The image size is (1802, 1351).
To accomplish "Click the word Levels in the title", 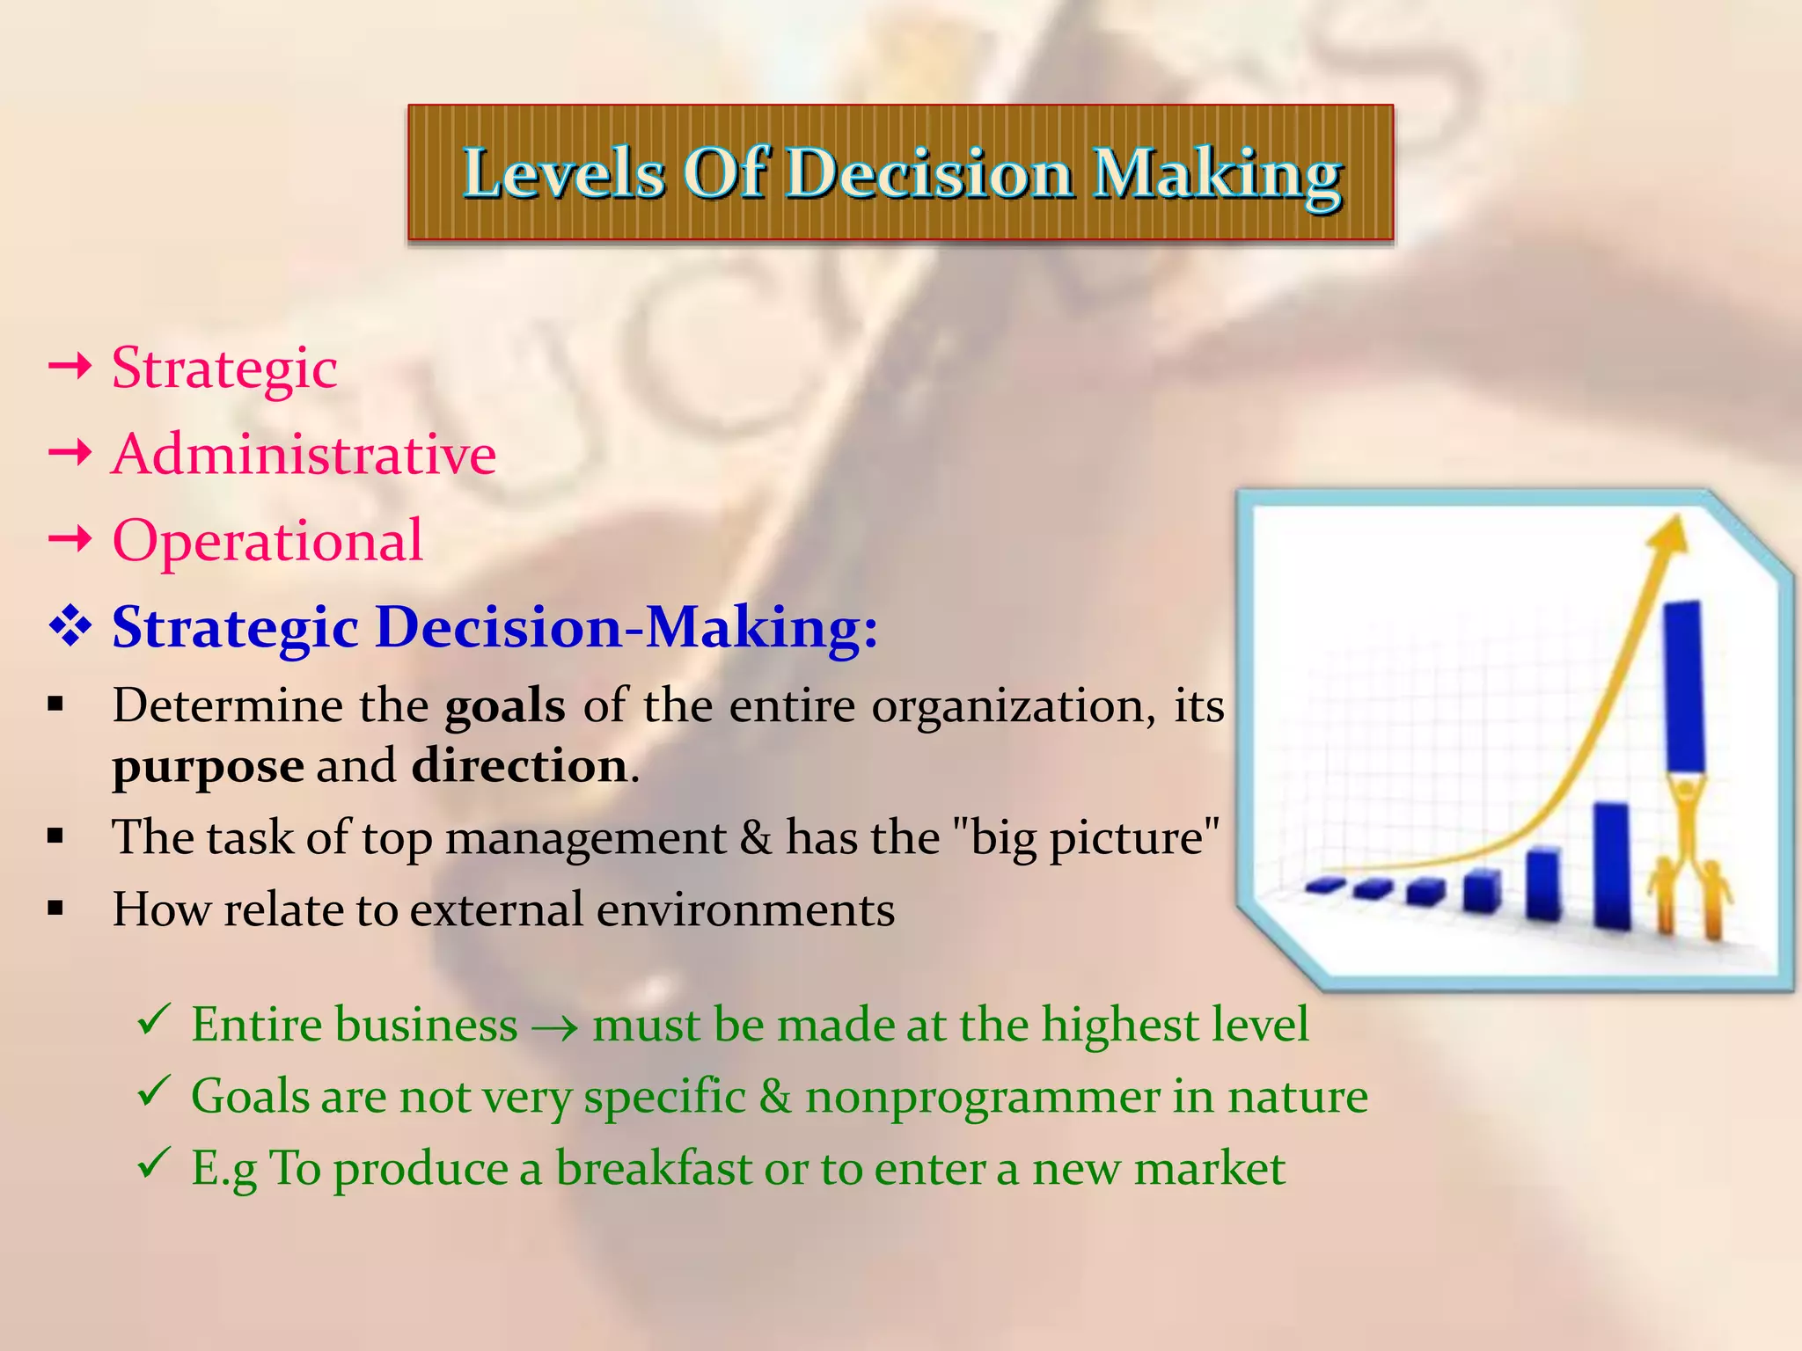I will pyautogui.click(x=563, y=172).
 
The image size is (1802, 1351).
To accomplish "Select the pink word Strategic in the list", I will pyautogui.click(x=224, y=368).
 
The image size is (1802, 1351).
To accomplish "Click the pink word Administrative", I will pyautogui.click(x=304, y=455).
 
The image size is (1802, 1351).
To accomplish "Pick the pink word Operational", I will pyautogui.click(x=267, y=540).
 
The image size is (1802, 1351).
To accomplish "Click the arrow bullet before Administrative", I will pyautogui.click(x=70, y=454).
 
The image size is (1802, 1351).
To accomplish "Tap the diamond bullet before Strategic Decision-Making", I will pyautogui.click(x=70, y=628).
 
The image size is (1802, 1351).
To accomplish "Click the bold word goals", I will pyautogui.click(x=504, y=706).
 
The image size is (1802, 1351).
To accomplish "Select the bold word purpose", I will pyautogui.click(x=208, y=766).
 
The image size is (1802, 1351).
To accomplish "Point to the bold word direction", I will pyautogui.click(x=519, y=766).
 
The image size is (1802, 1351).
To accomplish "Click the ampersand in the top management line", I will pyautogui.click(x=755, y=836).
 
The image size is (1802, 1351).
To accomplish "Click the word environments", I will pyautogui.click(x=745, y=909).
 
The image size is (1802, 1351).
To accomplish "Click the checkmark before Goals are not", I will pyautogui.click(x=153, y=1093).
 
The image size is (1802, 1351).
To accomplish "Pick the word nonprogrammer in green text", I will pyautogui.click(x=983, y=1097).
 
